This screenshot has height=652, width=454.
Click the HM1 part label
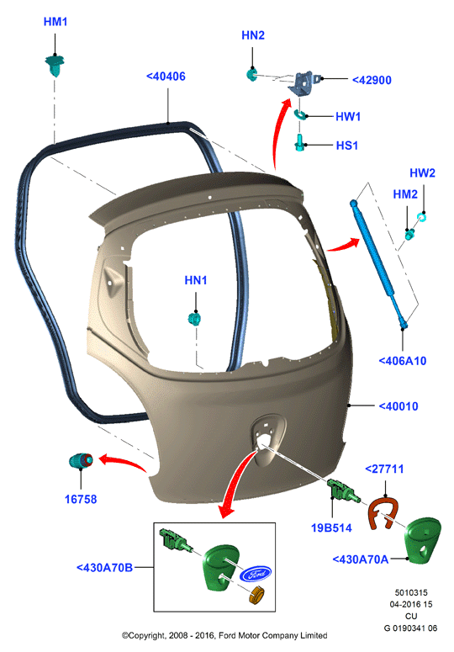pyautogui.click(x=55, y=22)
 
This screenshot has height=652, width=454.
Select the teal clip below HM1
pyautogui.click(x=55, y=66)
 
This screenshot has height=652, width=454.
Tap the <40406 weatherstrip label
pyautogui.click(x=166, y=77)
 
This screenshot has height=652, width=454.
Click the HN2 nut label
pyautogui.click(x=253, y=35)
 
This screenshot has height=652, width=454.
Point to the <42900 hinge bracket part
pyautogui.click(x=305, y=83)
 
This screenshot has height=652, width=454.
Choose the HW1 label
pyautogui.click(x=348, y=116)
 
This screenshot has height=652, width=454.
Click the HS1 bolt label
pyautogui.click(x=347, y=146)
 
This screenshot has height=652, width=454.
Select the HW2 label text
pyautogui.click(x=422, y=173)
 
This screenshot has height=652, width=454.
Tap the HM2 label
pyautogui.click(x=405, y=194)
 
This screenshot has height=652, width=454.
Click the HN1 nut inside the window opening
pyautogui.click(x=194, y=319)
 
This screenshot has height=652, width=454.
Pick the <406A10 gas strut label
pyautogui.click(x=403, y=361)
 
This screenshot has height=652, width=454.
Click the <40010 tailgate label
pyautogui.click(x=399, y=406)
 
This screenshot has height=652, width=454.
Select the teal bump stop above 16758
pyautogui.click(x=81, y=460)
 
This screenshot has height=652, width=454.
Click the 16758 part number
pyautogui.click(x=81, y=500)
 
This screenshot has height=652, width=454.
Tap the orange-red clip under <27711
pyautogui.click(x=383, y=513)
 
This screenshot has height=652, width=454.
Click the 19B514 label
pyautogui.click(x=331, y=528)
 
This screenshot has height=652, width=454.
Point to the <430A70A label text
pyautogui.click(x=361, y=559)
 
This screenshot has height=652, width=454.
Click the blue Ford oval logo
pyautogui.click(x=256, y=575)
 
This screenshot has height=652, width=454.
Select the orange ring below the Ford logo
pyautogui.click(x=257, y=595)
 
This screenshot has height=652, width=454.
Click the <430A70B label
pyautogui.click(x=105, y=568)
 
